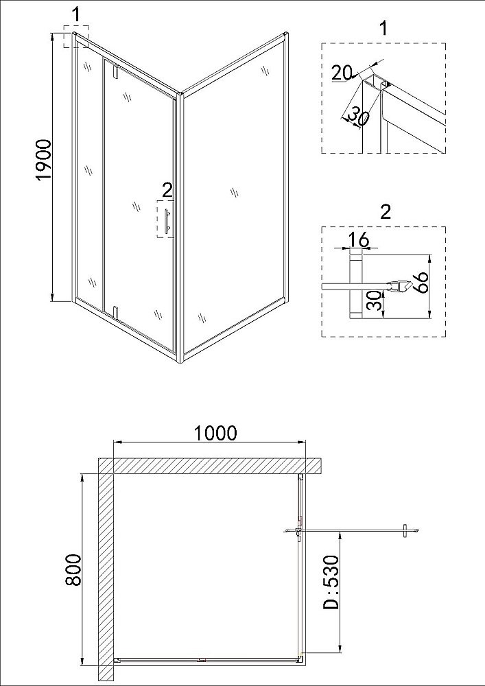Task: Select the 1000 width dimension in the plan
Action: pos(215,433)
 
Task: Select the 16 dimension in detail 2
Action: pos(359,239)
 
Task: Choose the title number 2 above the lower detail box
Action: pos(385,211)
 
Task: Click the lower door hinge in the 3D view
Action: pos(116,313)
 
